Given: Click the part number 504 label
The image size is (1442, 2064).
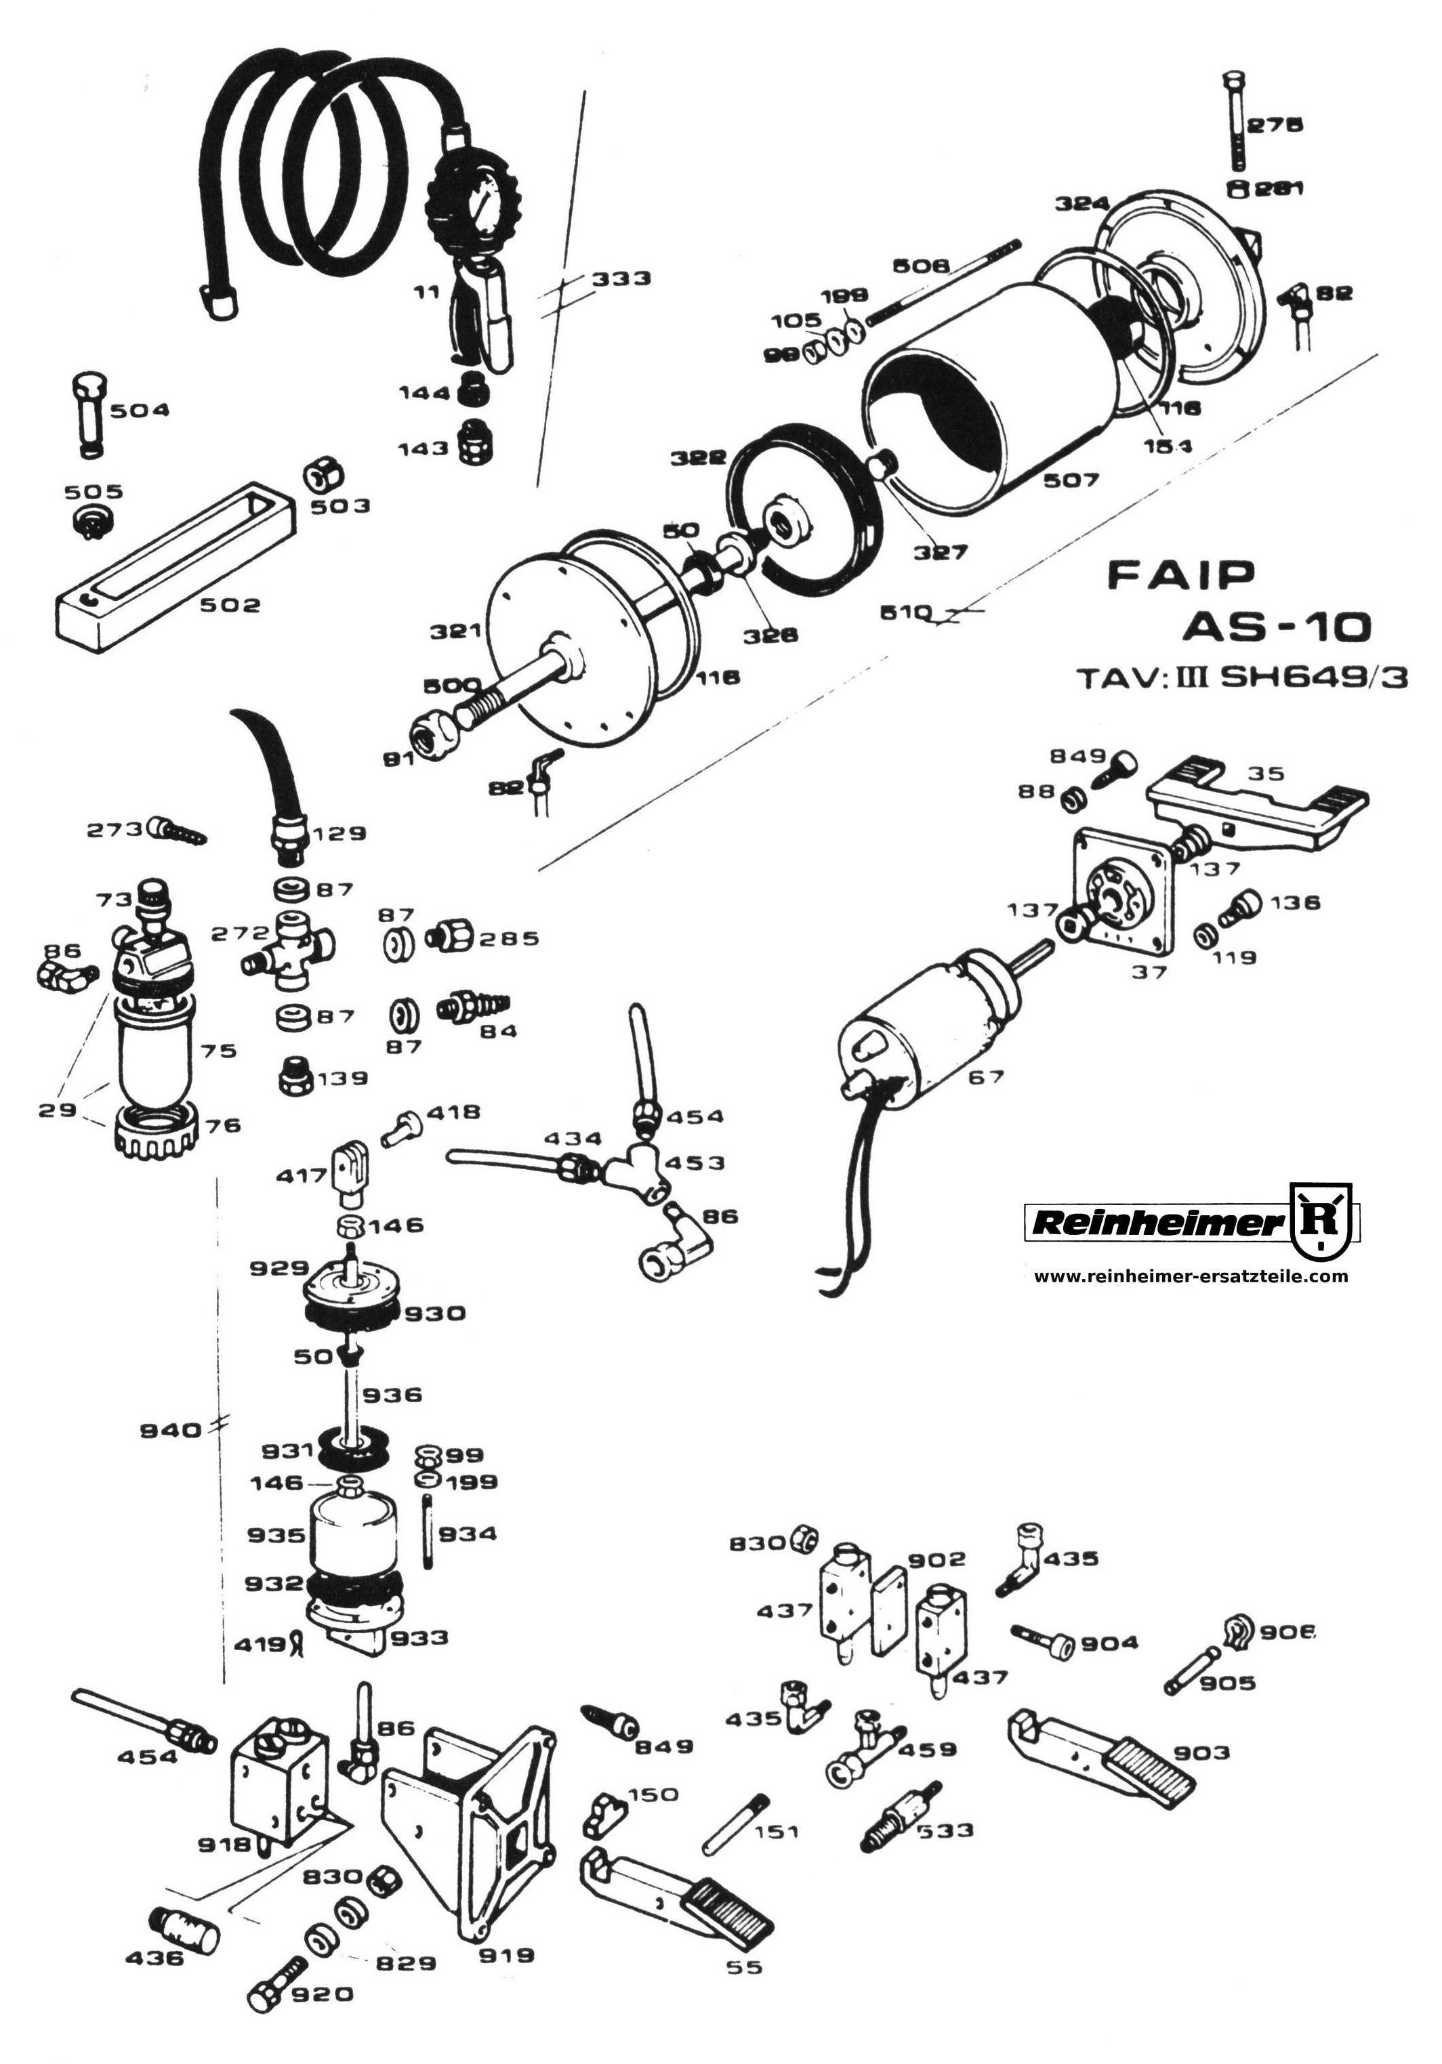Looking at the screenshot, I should (x=140, y=410).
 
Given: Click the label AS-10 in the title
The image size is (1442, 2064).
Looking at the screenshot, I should (x=1277, y=627).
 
